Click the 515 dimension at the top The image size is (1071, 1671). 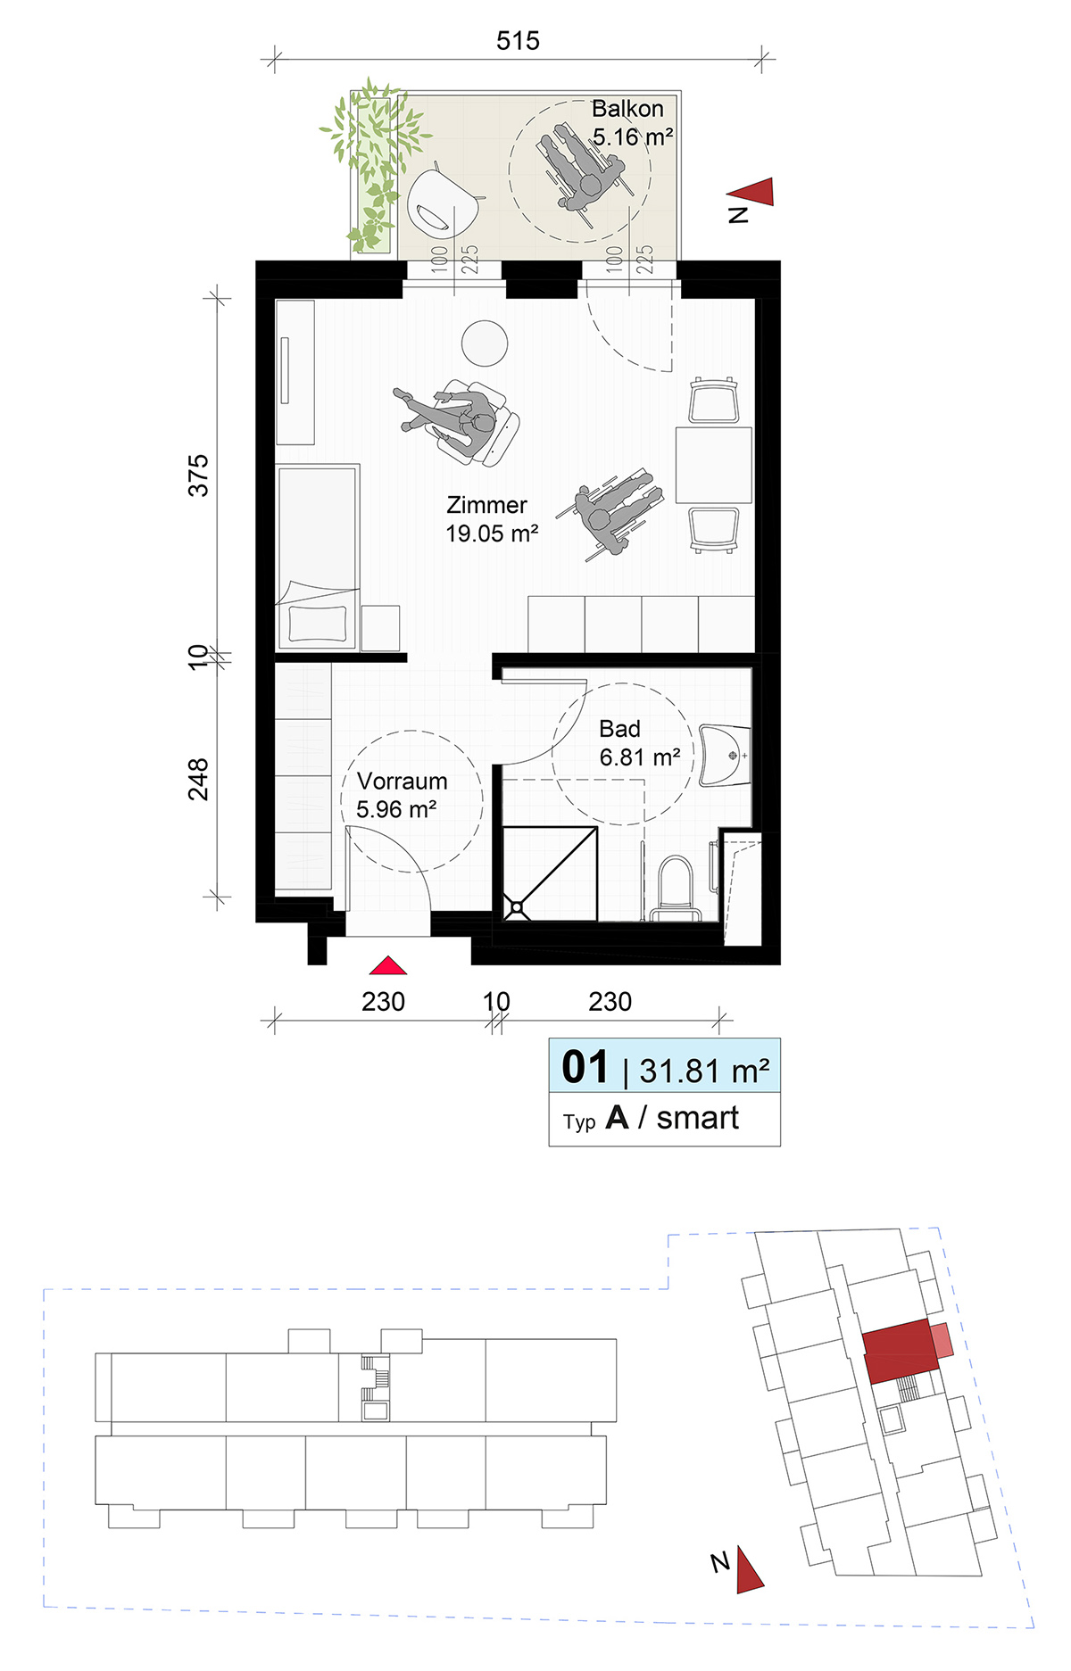pyautogui.click(x=518, y=41)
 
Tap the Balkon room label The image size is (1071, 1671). pyautogui.click(x=628, y=109)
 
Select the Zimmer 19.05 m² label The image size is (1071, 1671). pyautogui.click(x=492, y=519)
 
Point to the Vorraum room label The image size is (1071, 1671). pyautogui.click(x=403, y=781)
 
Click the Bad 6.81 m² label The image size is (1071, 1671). pyautogui.click(x=640, y=743)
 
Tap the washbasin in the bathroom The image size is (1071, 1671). pyautogui.click(x=725, y=756)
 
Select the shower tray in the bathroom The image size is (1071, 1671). pyautogui.click(x=550, y=873)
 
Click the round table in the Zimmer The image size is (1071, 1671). pyautogui.click(x=485, y=343)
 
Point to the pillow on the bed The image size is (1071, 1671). pyautogui.click(x=316, y=624)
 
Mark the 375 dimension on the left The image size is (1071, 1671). pyautogui.click(x=198, y=476)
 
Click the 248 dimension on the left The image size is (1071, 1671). pyautogui.click(x=198, y=779)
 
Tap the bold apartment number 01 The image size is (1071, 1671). pyautogui.click(x=585, y=1067)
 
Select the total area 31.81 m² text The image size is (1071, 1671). pyautogui.click(x=704, y=1071)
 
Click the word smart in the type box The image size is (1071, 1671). pyautogui.click(x=698, y=1118)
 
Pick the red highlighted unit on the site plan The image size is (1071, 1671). pyautogui.click(x=901, y=1352)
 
